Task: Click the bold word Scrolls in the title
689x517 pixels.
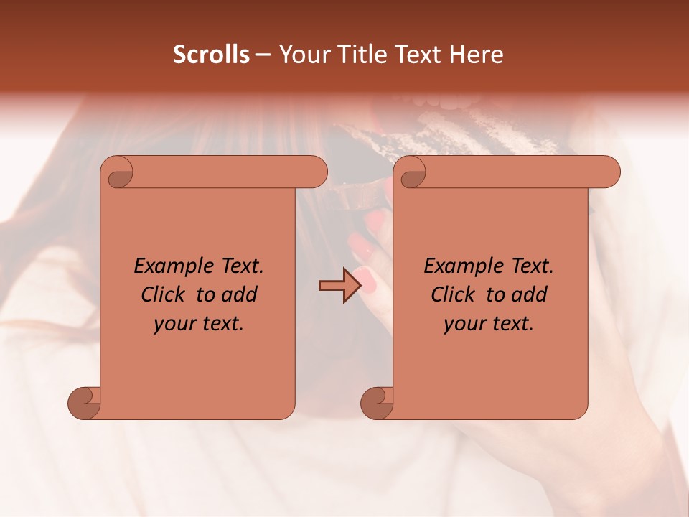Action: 212,55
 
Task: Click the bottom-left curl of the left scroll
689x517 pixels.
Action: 85,402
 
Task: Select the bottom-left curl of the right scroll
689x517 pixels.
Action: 377,402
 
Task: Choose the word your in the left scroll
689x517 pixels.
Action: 172,324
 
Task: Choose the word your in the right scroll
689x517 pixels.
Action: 462,324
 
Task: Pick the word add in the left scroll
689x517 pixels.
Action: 240,294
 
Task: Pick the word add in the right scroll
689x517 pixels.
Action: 530,294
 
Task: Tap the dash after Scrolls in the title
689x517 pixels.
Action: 263,55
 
